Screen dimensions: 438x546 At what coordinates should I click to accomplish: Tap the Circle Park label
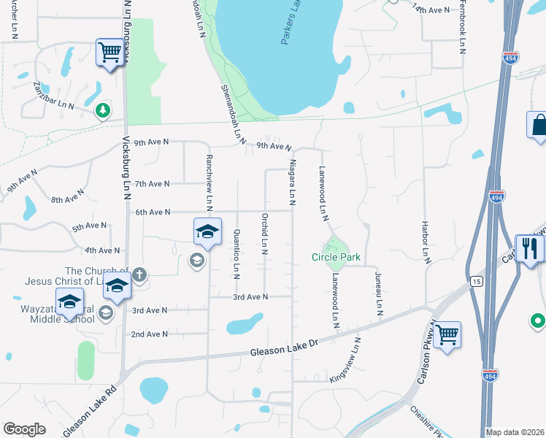336,257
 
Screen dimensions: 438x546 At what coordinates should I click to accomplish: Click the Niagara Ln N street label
292,181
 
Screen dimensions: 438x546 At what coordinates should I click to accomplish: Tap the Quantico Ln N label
237,253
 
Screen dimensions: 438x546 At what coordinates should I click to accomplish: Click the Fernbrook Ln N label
462,33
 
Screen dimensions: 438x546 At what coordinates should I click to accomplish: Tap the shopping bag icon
539,124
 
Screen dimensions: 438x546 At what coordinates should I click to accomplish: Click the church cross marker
139,274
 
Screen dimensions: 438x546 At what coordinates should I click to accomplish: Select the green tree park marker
103,110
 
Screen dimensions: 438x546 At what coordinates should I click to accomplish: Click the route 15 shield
476,280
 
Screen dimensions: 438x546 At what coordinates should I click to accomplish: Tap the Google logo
24,430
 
